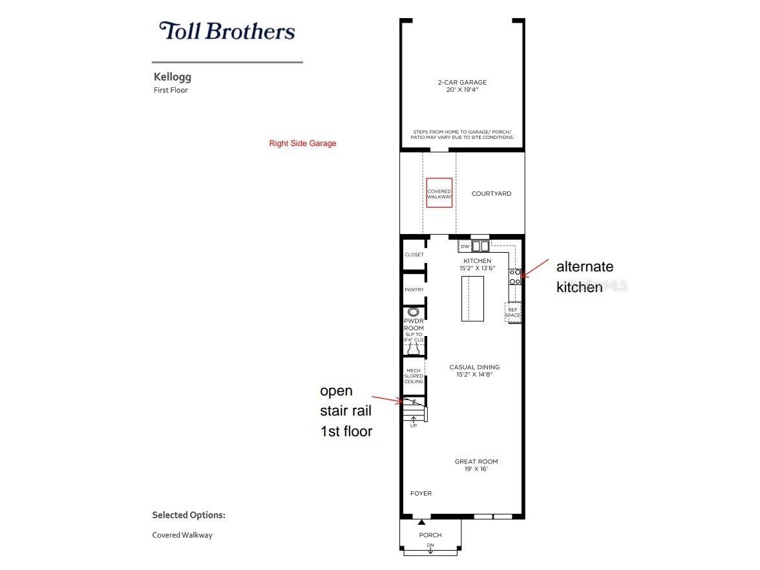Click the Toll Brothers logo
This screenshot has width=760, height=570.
click(227, 30)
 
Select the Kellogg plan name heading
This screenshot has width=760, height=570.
click(173, 77)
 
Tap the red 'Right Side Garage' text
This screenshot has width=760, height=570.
click(302, 143)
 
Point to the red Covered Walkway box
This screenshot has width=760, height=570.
click(439, 193)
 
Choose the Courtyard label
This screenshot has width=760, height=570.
click(491, 193)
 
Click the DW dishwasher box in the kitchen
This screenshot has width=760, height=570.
click(465, 246)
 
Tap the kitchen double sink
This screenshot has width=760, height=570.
click(481, 246)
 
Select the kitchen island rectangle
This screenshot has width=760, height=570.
click(472, 299)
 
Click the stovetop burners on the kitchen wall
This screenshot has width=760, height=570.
click(515, 277)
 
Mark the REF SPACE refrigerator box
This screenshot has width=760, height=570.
click(512, 312)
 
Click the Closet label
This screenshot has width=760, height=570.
click(414, 255)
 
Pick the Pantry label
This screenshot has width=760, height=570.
click(414, 290)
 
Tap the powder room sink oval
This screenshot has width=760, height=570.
click(414, 311)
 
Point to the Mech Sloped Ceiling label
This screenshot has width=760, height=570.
click(414, 376)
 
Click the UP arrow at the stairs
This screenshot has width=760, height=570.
click(414, 421)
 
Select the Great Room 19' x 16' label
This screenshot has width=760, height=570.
click(476, 465)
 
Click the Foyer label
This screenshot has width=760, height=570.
click(421, 494)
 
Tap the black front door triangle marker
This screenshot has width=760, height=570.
click(421, 522)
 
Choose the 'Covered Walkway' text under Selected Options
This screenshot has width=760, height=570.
click(182, 535)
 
